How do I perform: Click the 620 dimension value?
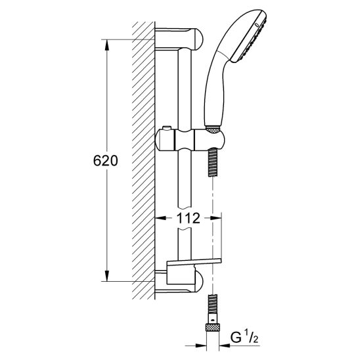pos(106,160)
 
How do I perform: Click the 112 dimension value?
pos(189,218)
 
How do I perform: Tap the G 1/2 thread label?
pos(244,338)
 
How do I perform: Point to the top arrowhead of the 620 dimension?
pos(107,45)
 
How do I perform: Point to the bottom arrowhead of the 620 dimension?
pos(107,276)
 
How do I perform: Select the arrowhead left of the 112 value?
pos(160,218)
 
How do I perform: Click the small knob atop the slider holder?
pos(166,128)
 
